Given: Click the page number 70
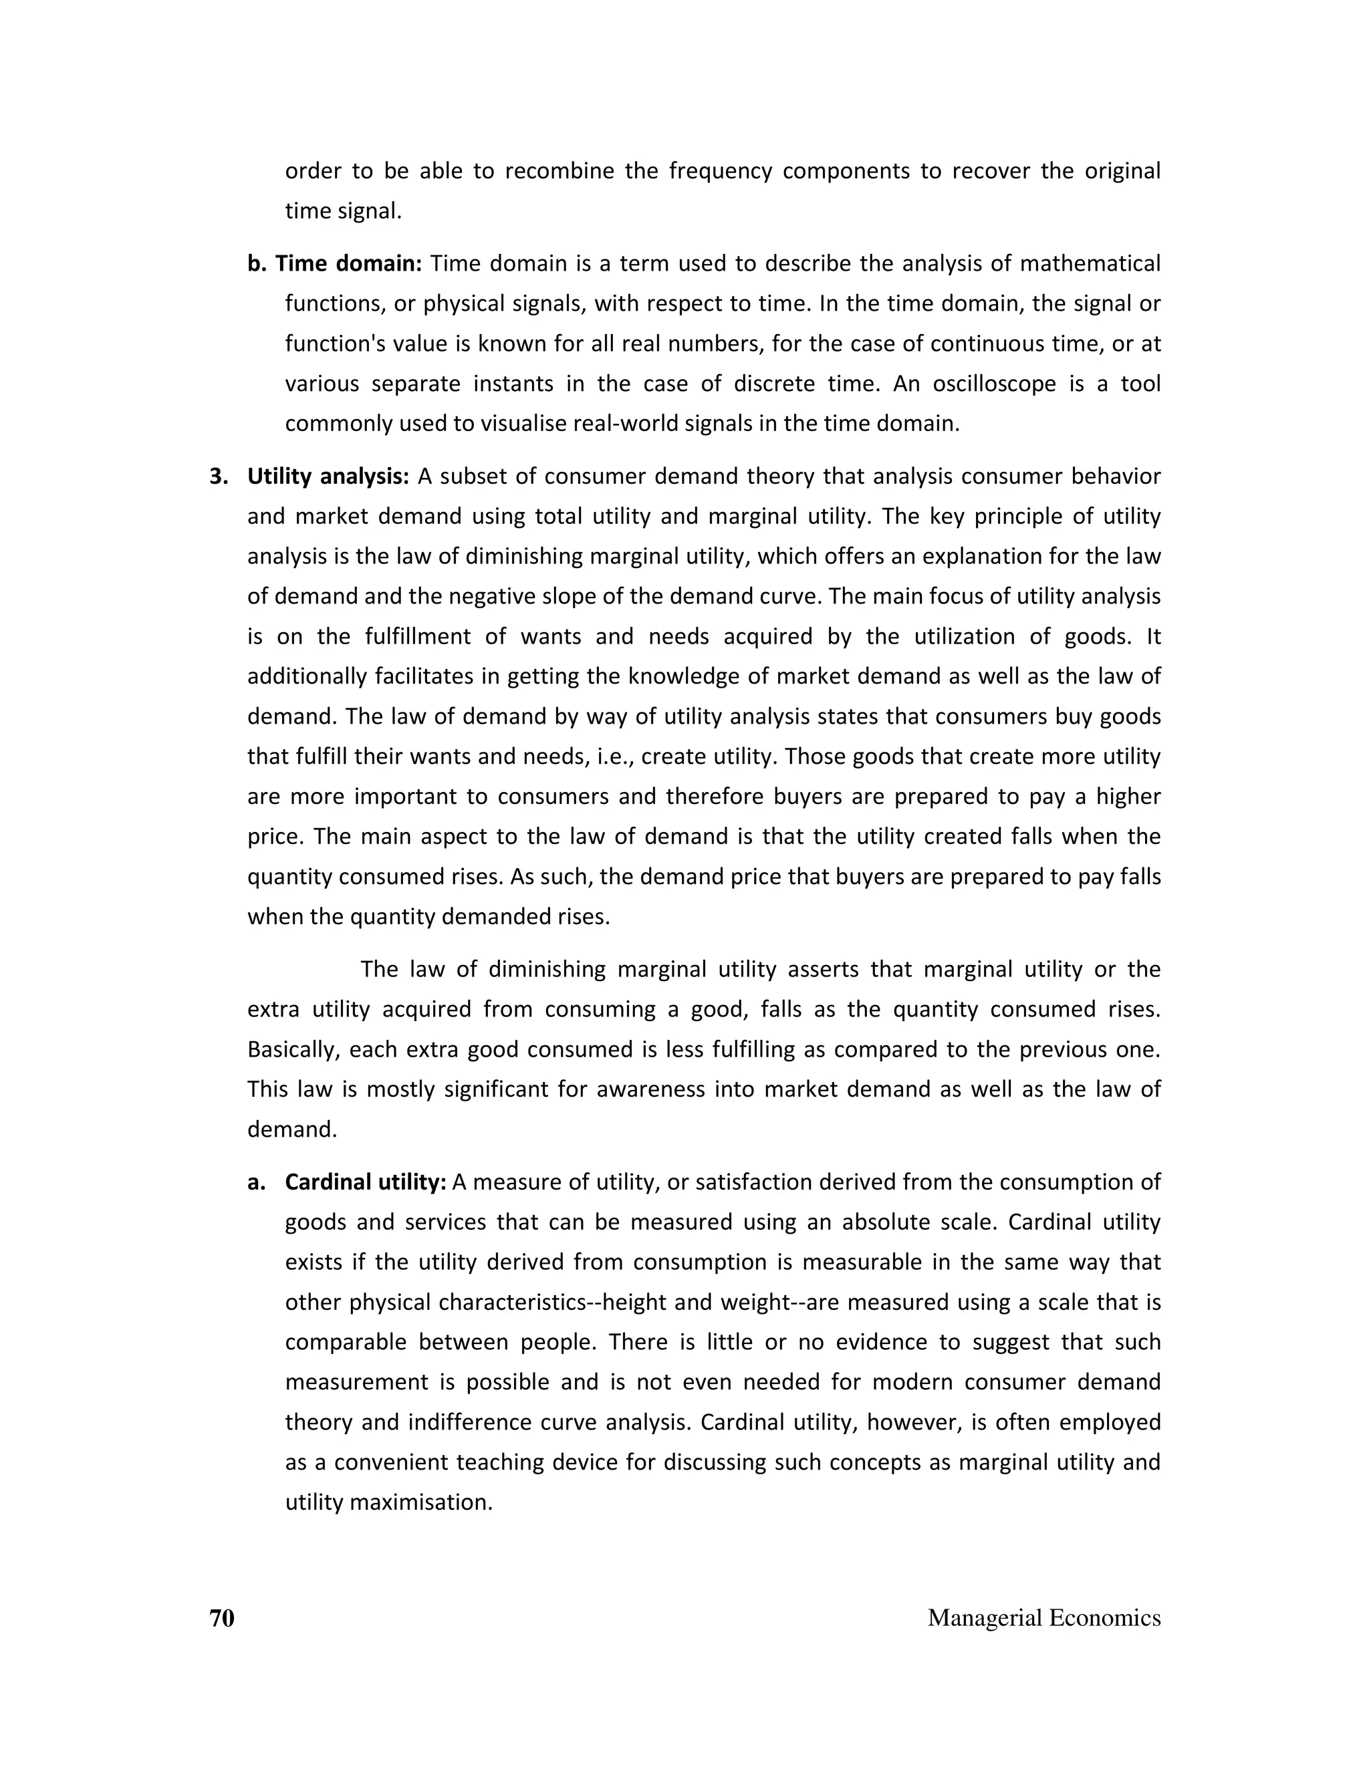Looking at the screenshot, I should (221, 1618).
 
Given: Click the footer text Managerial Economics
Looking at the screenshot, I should (1043, 1618).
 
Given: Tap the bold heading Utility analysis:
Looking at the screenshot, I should (328, 476).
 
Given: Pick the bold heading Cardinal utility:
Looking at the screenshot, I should (366, 1182).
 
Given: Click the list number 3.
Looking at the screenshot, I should (217, 476).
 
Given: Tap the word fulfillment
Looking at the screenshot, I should (418, 636).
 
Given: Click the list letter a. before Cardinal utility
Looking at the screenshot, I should (255, 1182).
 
